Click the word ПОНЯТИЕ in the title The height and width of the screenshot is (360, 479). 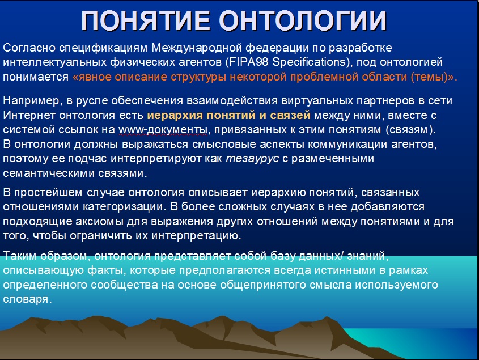coord(146,21)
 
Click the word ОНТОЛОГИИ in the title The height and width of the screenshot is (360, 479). coord(303,21)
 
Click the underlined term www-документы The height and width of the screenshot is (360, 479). coord(163,130)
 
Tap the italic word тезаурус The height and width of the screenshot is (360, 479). coord(252,159)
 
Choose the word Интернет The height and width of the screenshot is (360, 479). coord(29,115)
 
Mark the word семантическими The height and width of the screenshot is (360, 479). coord(49,173)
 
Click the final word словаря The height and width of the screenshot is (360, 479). coord(27,299)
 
